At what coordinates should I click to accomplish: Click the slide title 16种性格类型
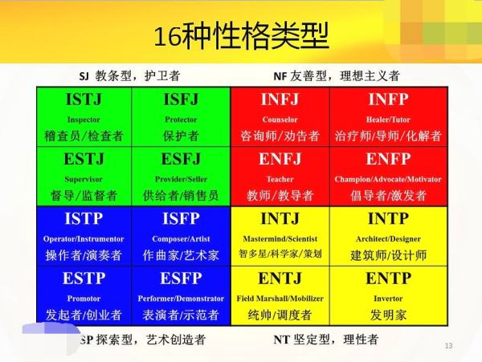(241, 36)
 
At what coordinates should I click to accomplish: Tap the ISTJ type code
(84, 100)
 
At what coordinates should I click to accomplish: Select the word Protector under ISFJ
(181, 120)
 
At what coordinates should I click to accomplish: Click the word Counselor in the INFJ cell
(280, 120)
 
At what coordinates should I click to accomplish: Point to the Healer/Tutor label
(388, 120)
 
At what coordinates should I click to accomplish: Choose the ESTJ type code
(84, 159)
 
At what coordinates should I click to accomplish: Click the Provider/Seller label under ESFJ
(181, 179)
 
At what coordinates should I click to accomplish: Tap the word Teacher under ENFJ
(280, 179)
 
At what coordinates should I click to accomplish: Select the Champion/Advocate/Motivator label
(388, 179)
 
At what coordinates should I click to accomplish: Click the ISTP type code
(84, 218)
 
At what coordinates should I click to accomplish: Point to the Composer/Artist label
(181, 239)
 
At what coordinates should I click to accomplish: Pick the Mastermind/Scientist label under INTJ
(280, 238)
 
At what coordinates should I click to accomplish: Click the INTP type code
(388, 218)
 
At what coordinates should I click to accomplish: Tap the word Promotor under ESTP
(84, 299)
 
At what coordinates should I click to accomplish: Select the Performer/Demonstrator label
(181, 299)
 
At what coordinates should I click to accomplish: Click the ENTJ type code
(280, 279)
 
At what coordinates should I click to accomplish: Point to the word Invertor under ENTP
(388, 299)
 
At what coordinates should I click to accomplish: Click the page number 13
(448, 346)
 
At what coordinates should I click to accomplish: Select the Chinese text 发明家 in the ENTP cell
(388, 315)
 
